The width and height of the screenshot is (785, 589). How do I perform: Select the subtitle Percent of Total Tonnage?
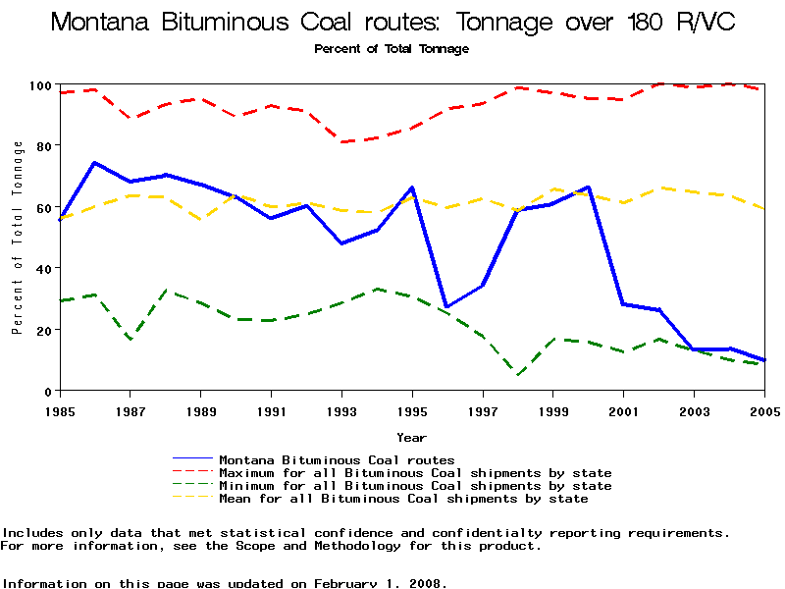pyautogui.click(x=392, y=49)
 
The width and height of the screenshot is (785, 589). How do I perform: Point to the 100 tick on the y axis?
pyautogui.click(x=39, y=85)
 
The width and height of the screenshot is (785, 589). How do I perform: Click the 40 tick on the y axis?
pyautogui.click(x=43, y=268)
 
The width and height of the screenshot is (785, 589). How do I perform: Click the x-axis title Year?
pyautogui.click(x=411, y=437)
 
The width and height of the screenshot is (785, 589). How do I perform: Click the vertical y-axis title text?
pyautogui.click(x=17, y=238)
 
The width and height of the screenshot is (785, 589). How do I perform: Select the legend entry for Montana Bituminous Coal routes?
pyautogui.click(x=337, y=459)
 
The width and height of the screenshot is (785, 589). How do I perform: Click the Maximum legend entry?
pyautogui.click(x=415, y=473)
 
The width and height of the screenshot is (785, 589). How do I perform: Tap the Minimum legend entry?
pyautogui.click(x=415, y=486)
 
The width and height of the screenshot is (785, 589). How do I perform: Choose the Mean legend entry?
pyautogui.click(x=403, y=499)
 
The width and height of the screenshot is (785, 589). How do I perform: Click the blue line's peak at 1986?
pyautogui.click(x=94, y=162)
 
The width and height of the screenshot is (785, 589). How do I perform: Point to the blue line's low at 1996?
pyautogui.click(x=446, y=307)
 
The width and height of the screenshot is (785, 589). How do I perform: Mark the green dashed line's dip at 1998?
pyautogui.click(x=517, y=374)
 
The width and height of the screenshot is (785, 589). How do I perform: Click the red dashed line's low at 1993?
pyautogui.click(x=341, y=142)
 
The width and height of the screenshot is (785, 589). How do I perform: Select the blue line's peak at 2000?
pyautogui.click(x=588, y=187)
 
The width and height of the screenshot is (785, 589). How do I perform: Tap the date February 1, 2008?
pyautogui.click(x=380, y=583)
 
